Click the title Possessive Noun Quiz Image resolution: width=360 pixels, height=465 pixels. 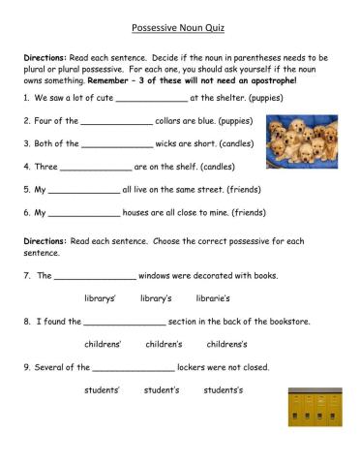point(180,30)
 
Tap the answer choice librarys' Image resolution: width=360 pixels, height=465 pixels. point(101,298)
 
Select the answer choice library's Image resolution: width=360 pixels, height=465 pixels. point(155,298)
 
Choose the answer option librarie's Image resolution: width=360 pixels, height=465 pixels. point(213,298)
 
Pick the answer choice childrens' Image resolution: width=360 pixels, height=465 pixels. point(103,344)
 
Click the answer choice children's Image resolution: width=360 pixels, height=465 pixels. point(164,344)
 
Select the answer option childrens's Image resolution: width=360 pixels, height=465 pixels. point(227,344)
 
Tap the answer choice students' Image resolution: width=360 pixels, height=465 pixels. point(102,390)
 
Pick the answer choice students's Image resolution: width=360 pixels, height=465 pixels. point(224,390)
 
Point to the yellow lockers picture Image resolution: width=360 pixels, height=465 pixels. point(315,408)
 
